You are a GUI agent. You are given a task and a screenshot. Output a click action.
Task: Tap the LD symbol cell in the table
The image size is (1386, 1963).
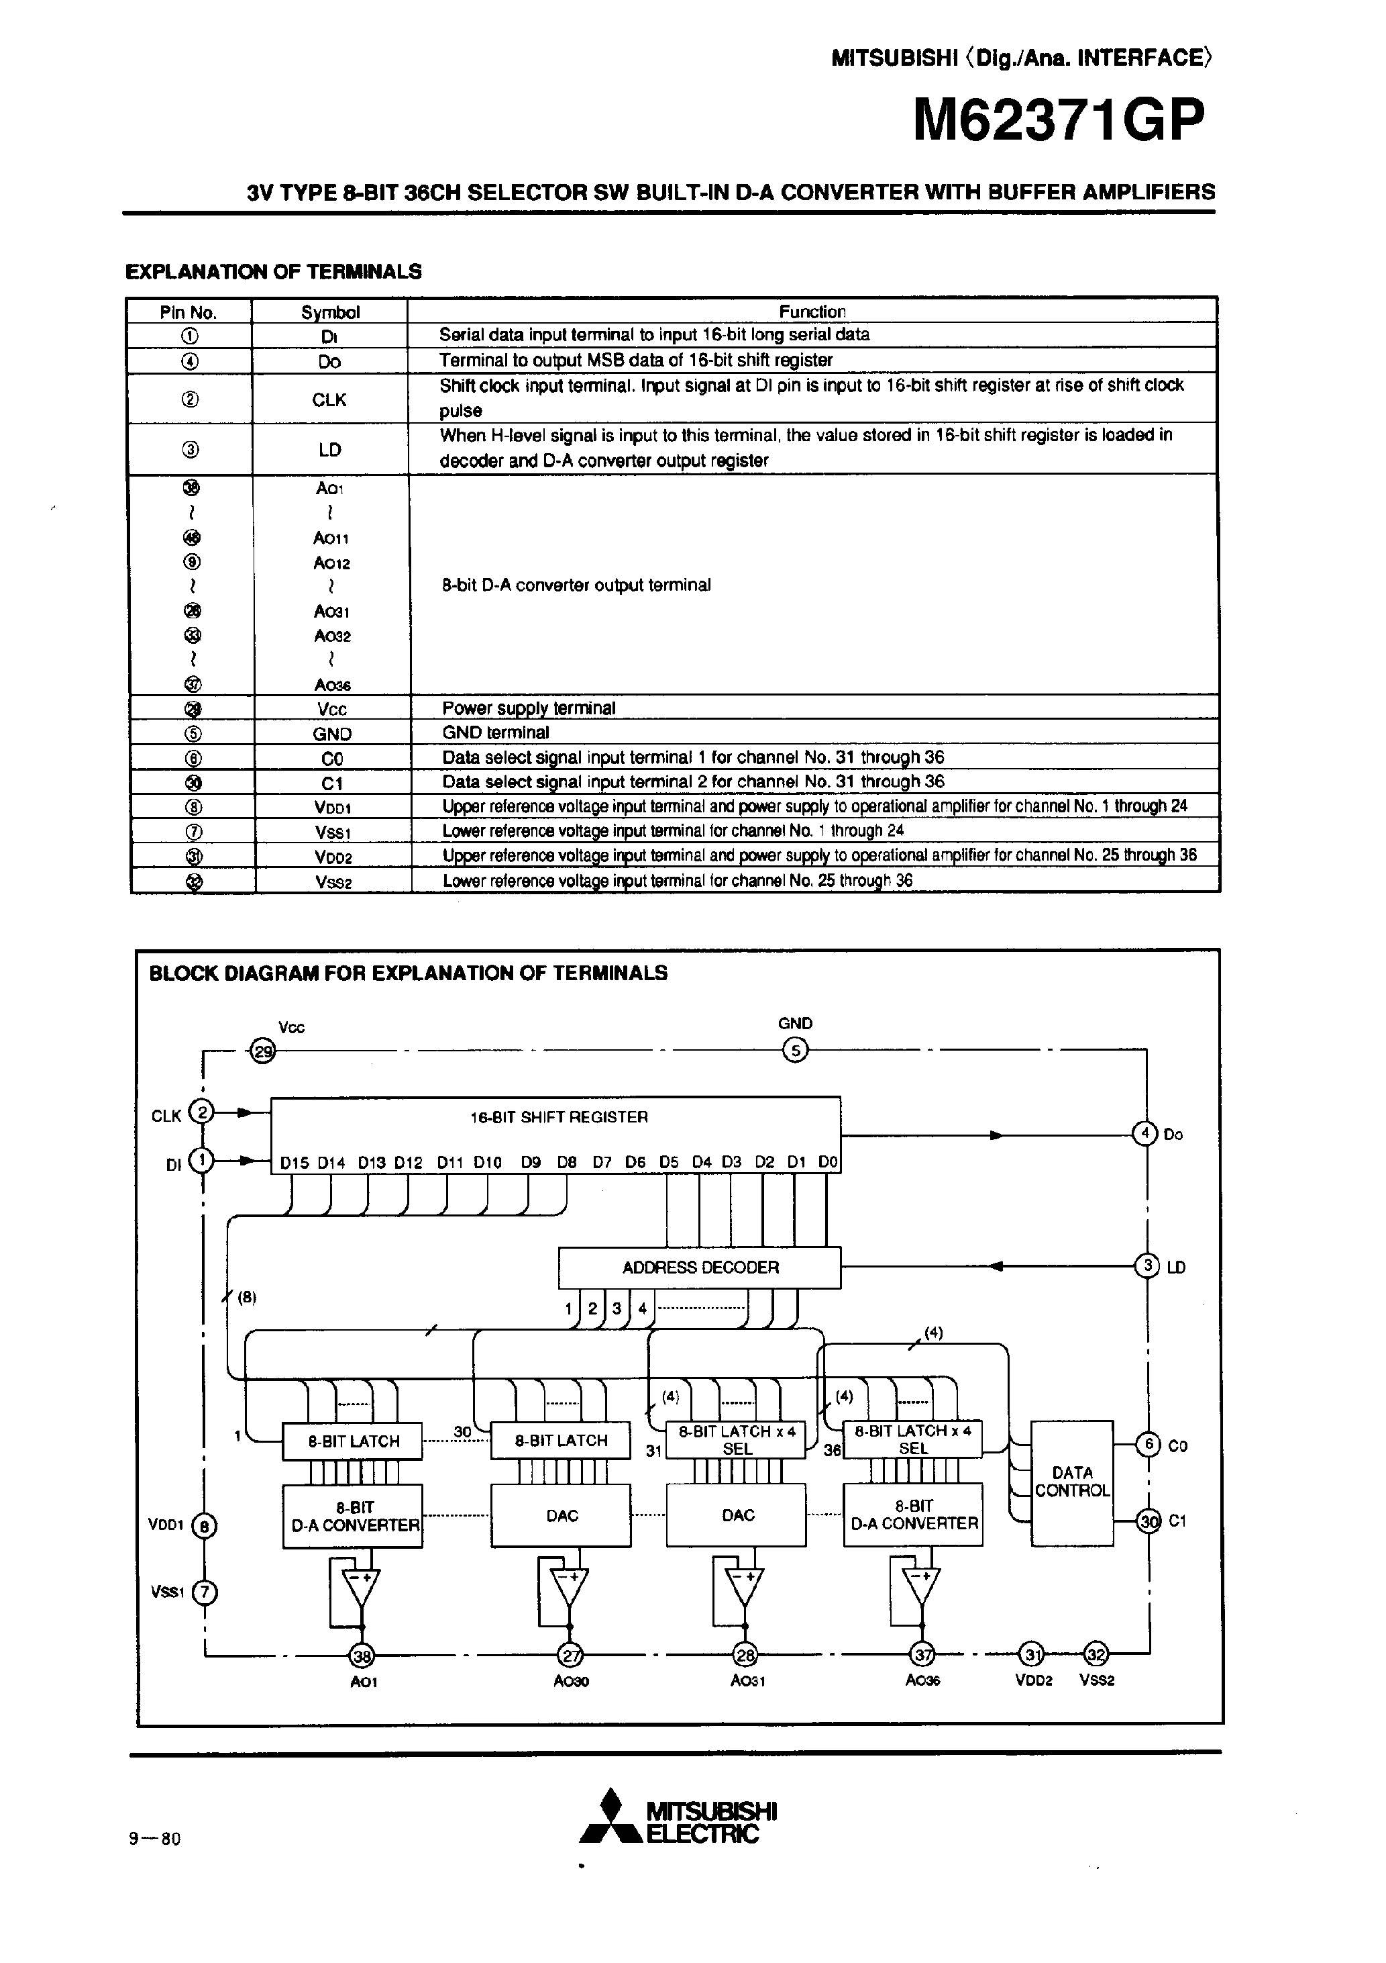point(329,450)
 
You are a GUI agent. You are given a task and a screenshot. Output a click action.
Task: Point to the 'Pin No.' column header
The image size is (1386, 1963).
point(189,312)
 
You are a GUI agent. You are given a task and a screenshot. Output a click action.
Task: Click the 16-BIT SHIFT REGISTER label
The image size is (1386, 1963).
point(559,1116)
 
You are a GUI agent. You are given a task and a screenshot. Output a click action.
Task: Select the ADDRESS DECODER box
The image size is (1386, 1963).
point(699,1267)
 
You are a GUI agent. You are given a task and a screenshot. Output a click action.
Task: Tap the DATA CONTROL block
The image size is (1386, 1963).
point(1071,1482)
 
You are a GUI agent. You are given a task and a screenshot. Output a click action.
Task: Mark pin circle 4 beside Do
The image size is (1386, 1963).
point(1144,1134)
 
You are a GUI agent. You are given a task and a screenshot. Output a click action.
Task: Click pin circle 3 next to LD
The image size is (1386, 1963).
point(1146,1266)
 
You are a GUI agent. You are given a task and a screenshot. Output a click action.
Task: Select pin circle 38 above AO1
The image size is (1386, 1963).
point(362,1656)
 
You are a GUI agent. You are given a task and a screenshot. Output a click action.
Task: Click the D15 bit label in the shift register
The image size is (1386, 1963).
point(294,1163)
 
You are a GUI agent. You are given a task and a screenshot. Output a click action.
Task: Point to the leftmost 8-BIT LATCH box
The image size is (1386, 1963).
point(353,1441)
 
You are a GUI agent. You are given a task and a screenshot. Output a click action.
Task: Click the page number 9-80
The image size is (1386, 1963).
point(155,1838)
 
